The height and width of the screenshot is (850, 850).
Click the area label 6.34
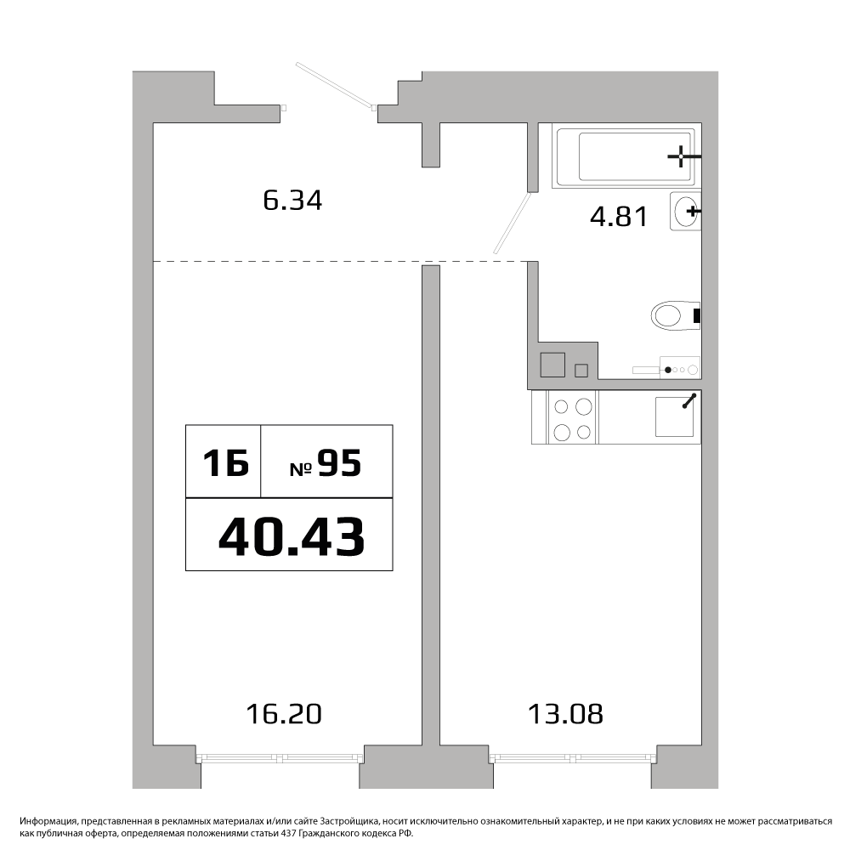292,200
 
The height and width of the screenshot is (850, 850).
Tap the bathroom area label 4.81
619,217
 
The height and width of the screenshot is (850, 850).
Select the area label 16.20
284,714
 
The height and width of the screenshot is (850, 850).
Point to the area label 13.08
565,714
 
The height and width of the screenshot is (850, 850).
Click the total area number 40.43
291,536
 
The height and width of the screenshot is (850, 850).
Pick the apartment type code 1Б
225,463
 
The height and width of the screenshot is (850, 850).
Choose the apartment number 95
339,463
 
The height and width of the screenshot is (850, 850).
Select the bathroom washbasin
685,211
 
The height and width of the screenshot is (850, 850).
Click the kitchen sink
674,416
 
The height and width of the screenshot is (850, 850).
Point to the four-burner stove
572,416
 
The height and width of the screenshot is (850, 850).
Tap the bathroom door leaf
512,223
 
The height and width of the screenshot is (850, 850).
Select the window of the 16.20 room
280,758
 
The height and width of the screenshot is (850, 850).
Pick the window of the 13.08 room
573,758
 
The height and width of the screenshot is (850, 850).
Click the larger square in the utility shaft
553,365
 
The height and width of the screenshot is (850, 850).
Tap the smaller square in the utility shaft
581,371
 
